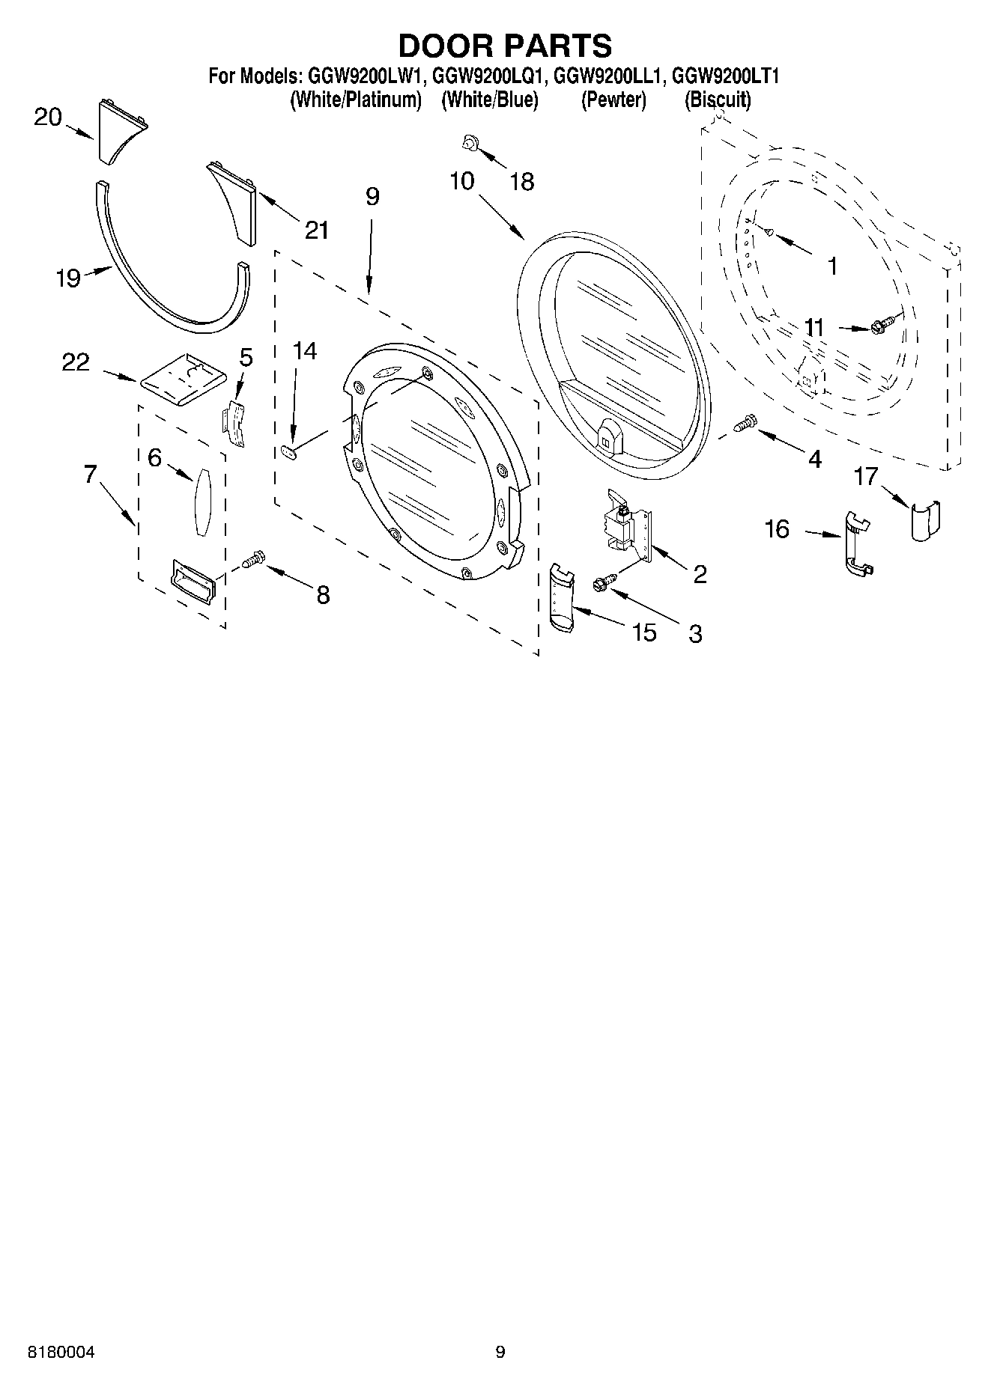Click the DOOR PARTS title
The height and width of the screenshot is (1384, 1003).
point(504,46)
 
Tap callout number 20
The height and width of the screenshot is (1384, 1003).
point(47,118)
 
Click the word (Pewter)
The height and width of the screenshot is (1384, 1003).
point(613,100)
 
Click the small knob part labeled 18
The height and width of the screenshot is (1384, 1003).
point(471,141)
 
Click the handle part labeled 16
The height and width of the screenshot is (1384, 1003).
point(856,544)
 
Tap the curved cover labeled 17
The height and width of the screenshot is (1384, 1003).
point(925,520)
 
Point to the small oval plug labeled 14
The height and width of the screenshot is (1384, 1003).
point(289,451)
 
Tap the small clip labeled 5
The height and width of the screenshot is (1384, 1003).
point(235,424)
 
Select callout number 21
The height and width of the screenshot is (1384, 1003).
point(316,230)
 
